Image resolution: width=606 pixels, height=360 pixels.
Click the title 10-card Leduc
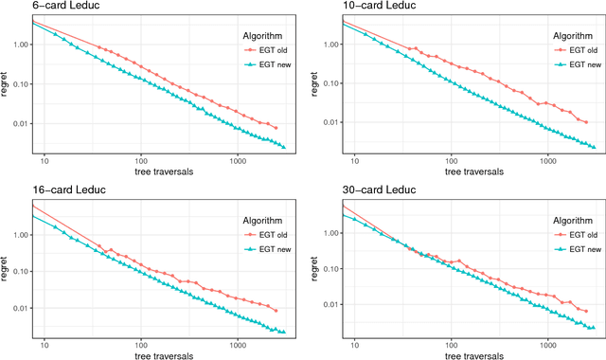pyautogui.click(x=343, y=7)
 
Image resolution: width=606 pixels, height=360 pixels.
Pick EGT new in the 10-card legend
pyautogui.click(x=579, y=64)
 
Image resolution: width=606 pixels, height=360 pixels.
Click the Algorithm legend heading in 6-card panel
pyautogui.click(x=258, y=35)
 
